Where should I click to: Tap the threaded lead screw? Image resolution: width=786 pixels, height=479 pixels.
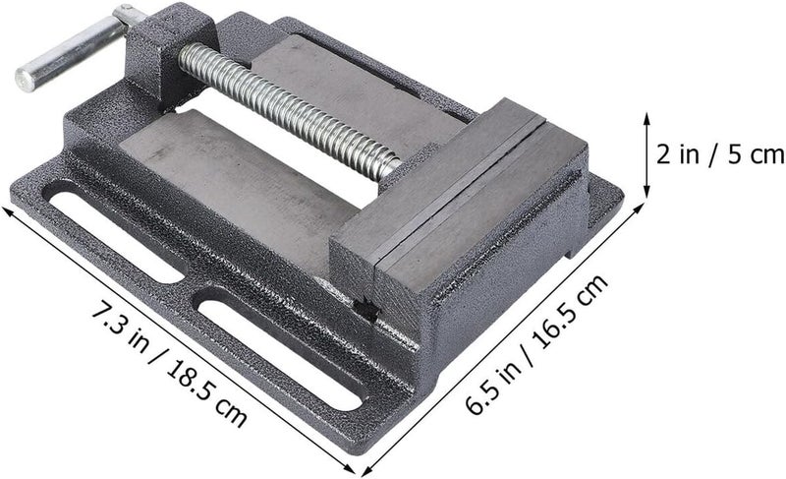[288, 110]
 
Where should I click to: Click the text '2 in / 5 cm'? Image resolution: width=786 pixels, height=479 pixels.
[721, 154]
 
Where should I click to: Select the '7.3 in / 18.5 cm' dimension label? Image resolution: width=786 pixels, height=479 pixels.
[168, 370]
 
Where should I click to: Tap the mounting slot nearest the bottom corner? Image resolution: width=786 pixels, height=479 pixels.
[279, 347]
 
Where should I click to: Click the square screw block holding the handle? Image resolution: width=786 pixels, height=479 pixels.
[170, 54]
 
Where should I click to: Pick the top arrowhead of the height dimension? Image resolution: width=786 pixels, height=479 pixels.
[646, 118]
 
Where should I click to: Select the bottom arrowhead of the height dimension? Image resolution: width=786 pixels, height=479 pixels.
[646, 192]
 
